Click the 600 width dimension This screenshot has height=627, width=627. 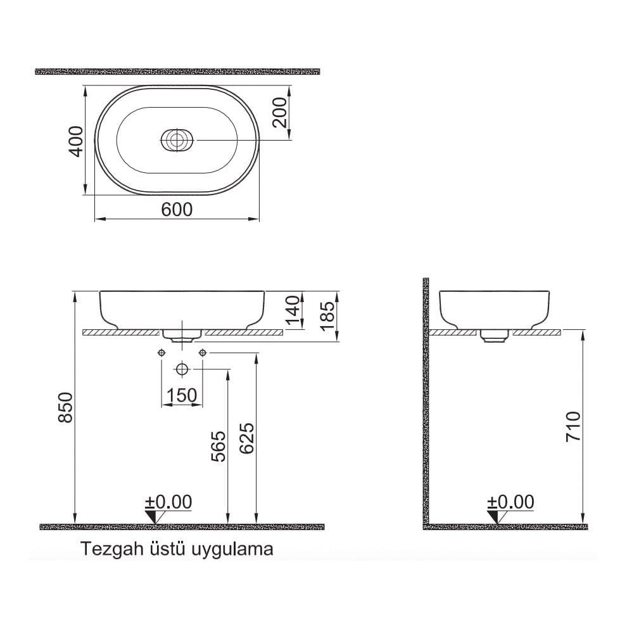pyautogui.click(x=177, y=210)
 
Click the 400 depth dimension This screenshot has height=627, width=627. pyautogui.click(x=76, y=141)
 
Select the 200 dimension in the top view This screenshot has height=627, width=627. pyautogui.click(x=281, y=113)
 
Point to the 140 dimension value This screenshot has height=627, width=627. pyautogui.click(x=292, y=310)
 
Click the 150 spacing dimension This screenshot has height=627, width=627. pyautogui.click(x=181, y=396)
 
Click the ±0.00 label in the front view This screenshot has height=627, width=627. pyautogui.click(x=168, y=502)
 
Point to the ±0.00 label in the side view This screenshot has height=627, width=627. pyautogui.click(x=511, y=502)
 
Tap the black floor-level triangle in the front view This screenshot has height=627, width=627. pyautogui.click(x=151, y=517)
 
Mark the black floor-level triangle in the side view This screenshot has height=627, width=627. pyautogui.click(x=493, y=517)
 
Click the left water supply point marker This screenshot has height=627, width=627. pyautogui.click(x=162, y=352)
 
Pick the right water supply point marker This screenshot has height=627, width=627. pyautogui.click(x=203, y=352)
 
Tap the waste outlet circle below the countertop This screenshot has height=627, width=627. pyautogui.click(x=182, y=369)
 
